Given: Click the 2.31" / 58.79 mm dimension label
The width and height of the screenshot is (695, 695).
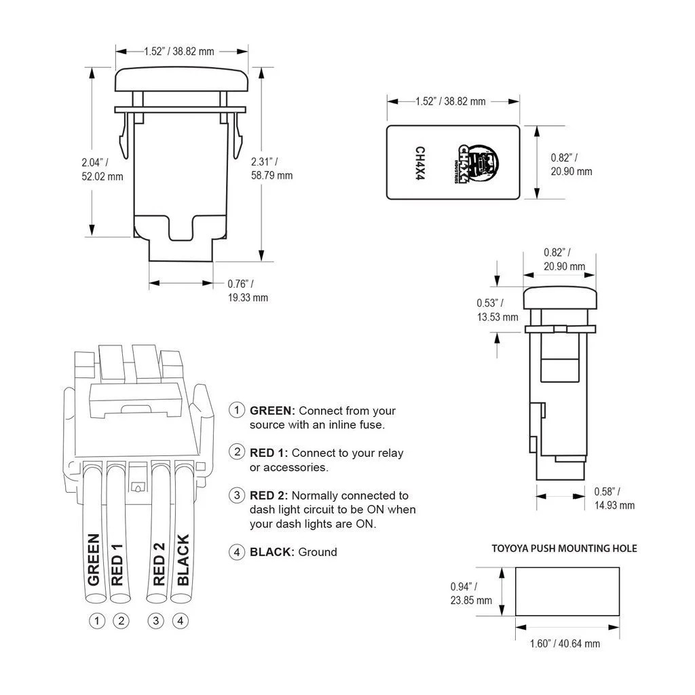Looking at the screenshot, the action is tap(271, 168).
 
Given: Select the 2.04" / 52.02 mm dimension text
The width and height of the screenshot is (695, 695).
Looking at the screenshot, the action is tap(102, 169).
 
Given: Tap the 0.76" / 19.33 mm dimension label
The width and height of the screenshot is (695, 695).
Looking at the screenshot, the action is tap(248, 290).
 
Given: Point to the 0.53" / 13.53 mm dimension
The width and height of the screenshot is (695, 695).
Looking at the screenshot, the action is tap(497, 309).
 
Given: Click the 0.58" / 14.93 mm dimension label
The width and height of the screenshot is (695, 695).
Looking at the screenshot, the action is tap(614, 498).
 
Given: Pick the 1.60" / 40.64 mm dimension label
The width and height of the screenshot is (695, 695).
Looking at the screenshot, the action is tap(565, 643).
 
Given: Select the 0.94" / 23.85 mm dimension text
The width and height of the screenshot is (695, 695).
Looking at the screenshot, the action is tap(471, 593).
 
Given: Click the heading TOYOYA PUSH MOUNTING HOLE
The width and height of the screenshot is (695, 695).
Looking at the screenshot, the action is tap(564, 548).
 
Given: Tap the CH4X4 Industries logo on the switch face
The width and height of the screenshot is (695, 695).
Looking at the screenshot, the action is tap(477, 163).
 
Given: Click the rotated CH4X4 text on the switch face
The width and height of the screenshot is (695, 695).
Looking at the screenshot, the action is tap(419, 163).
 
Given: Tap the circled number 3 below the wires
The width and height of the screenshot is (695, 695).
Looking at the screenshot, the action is tap(155, 620).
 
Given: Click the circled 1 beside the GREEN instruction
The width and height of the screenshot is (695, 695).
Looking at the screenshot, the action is tap(237, 409).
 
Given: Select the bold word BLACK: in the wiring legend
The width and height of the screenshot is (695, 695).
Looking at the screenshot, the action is tap(272, 552).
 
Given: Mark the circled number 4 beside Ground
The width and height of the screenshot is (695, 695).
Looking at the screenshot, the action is tap(237, 552).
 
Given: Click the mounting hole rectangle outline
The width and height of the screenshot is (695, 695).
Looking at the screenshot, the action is tap(567, 567).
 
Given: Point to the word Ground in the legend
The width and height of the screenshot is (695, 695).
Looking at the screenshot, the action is tap(318, 552).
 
